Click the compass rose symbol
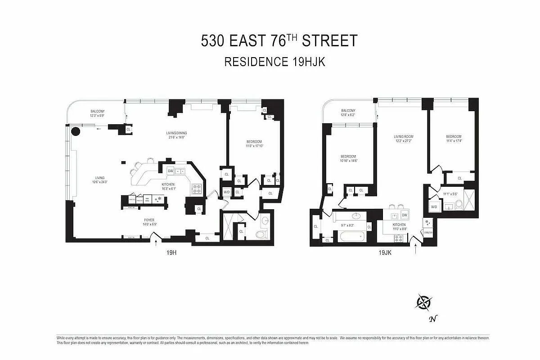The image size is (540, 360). coord(424,301)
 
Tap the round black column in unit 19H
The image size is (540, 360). coord(76,132)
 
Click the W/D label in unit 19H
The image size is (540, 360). coord(226,192)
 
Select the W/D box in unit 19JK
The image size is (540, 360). coord(434,207)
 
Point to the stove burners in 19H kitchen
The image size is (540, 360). coord(197,189)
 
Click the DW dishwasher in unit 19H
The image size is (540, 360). coord(171,171)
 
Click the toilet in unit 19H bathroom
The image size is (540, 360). coord(261,234)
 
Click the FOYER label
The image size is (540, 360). coord(149,220)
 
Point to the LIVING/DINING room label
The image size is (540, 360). coord(175,133)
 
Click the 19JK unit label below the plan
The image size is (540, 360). coord(385,253)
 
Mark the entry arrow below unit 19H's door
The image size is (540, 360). coord(156,243)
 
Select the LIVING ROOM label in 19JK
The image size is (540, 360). coord(403,136)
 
